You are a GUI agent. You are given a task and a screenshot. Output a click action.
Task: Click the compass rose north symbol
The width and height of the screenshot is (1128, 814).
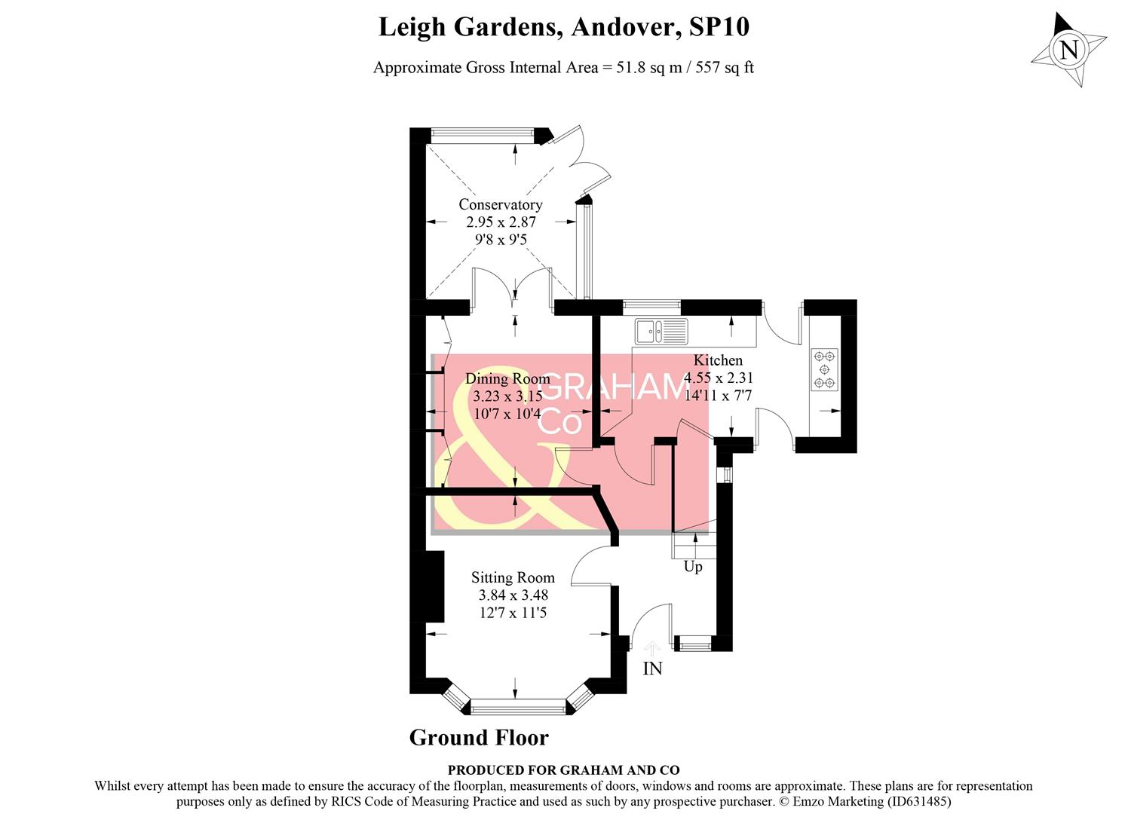pos(1068,50)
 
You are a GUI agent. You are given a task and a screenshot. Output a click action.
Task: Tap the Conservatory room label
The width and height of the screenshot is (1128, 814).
pos(500,204)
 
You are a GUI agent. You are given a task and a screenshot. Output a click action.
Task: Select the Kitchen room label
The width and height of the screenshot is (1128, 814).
pos(718,360)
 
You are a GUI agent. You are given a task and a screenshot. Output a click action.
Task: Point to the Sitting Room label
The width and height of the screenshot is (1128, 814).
pos(513,577)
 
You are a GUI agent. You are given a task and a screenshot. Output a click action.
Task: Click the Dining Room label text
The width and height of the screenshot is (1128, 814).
pos(507,378)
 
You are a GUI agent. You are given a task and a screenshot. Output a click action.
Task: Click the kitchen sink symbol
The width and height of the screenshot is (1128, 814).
pos(661,330)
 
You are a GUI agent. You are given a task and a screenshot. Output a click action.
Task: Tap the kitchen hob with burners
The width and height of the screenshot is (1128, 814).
pos(824,369)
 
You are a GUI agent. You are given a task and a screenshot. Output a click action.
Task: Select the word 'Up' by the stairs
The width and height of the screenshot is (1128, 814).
pos(692,566)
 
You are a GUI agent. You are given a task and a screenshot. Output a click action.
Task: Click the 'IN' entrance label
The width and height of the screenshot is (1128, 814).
pos(652,668)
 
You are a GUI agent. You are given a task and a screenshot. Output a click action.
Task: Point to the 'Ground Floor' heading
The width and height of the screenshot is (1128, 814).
pos(479,737)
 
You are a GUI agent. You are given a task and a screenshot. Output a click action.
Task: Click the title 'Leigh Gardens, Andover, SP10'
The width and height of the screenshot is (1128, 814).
pos(563,27)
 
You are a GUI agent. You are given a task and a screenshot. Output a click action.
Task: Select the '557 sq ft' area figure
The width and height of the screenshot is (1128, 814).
pos(724,67)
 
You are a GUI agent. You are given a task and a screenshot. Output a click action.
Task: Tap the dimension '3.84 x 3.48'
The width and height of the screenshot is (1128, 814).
pos(513,595)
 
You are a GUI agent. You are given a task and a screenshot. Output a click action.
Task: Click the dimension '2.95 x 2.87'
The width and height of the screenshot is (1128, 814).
pos(501,222)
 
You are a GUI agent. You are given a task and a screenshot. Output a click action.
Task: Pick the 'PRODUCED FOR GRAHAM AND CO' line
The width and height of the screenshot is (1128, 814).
pos(563,770)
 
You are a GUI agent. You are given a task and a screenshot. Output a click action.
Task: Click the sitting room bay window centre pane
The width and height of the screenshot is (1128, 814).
pos(517,706)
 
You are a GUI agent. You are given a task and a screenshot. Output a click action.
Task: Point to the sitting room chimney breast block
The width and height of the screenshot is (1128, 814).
pos(433,586)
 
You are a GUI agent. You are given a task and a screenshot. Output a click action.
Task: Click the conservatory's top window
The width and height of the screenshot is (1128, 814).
pos(482,135)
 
